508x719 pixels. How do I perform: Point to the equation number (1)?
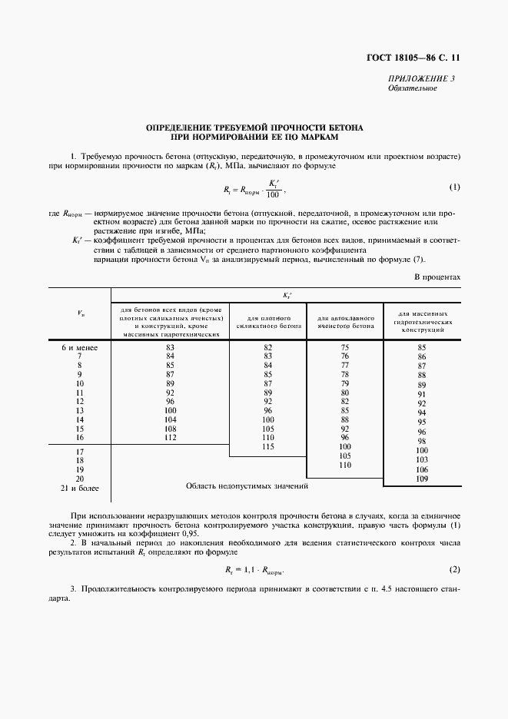(x=453, y=187)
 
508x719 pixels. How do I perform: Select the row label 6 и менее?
(x=79, y=347)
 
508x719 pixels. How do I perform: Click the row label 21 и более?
(x=79, y=488)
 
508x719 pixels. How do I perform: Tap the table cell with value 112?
(x=170, y=438)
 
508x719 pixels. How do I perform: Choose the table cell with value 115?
(x=268, y=446)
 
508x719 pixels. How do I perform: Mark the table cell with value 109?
(x=421, y=479)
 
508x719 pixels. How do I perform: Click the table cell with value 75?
(x=345, y=347)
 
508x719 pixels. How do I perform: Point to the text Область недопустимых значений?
(x=247, y=486)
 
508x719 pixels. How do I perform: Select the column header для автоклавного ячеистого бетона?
(x=345, y=321)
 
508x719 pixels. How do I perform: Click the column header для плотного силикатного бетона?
(x=268, y=321)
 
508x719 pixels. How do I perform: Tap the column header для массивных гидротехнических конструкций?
(x=421, y=321)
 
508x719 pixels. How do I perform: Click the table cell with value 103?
(x=421, y=459)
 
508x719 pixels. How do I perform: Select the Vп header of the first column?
(x=81, y=313)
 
